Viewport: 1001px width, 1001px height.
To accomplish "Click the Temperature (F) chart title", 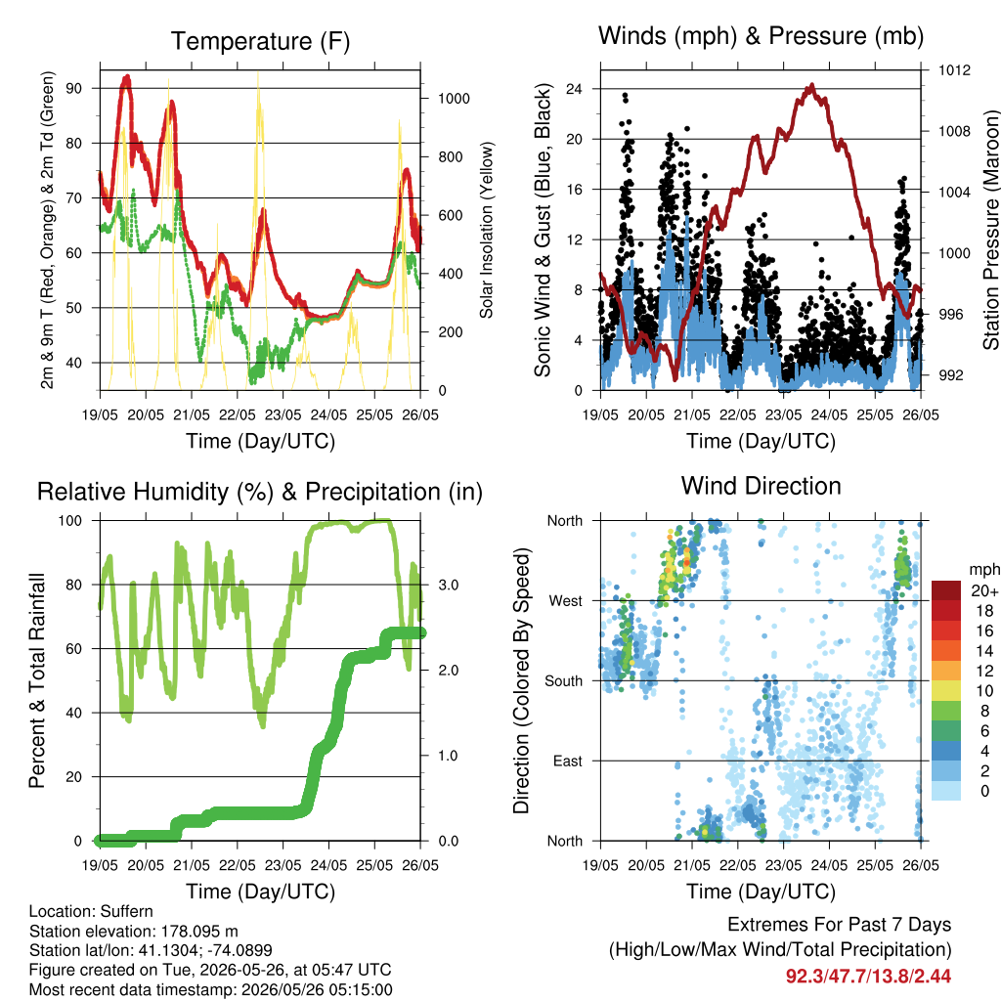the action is pyautogui.click(x=260, y=41).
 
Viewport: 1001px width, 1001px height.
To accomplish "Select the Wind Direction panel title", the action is pyautogui.click(x=761, y=486).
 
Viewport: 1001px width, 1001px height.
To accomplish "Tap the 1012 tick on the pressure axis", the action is pyautogui.click(x=954, y=70).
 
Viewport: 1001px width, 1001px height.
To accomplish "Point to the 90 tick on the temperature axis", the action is pyautogui.click(x=74, y=88).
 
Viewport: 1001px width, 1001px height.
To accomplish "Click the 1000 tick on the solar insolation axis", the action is pyautogui.click(x=454, y=99).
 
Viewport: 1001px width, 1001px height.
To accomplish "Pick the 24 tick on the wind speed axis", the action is pyautogui.click(x=574, y=88).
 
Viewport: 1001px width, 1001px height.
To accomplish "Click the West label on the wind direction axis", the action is pyautogui.click(x=566, y=601).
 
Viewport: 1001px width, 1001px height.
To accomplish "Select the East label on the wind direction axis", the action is pyautogui.click(x=568, y=761).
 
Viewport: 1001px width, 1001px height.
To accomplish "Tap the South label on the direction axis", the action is pyautogui.click(x=564, y=681).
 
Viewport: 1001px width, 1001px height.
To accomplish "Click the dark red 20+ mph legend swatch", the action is pyautogui.click(x=946, y=590).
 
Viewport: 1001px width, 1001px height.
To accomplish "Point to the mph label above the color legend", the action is pyautogui.click(x=984, y=570).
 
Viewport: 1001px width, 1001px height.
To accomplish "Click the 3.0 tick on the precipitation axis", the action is pyautogui.click(x=448, y=585).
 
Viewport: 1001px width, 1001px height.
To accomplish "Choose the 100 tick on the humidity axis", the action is pyautogui.click(x=70, y=520).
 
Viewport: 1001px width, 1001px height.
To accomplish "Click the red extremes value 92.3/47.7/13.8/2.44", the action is pyautogui.click(x=868, y=977).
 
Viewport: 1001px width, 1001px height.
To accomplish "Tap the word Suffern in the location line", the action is pyautogui.click(x=127, y=911).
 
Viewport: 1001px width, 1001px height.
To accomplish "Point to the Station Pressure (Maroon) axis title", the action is pyautogui.click(x=991, y=230).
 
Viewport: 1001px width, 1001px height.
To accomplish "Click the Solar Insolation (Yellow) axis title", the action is pyautogui.click(x=487, y=230).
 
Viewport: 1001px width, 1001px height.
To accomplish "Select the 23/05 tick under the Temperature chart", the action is pyautogui.click(x=283, y=414).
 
